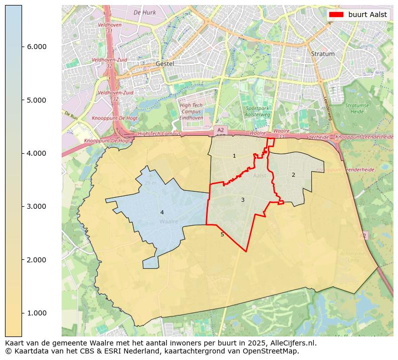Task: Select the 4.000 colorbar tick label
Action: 36,153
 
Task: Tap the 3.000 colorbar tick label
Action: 36,206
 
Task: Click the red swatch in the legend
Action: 336,15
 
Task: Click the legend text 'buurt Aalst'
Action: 367,15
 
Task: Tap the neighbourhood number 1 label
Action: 234,156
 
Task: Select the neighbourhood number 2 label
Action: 293,175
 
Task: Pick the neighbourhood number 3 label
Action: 243,200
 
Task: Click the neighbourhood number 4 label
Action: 161,212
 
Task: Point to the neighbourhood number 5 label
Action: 222,234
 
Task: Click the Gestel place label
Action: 164,64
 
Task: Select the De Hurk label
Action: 144,12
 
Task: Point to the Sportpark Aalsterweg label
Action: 258,111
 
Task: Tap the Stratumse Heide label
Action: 356,109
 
